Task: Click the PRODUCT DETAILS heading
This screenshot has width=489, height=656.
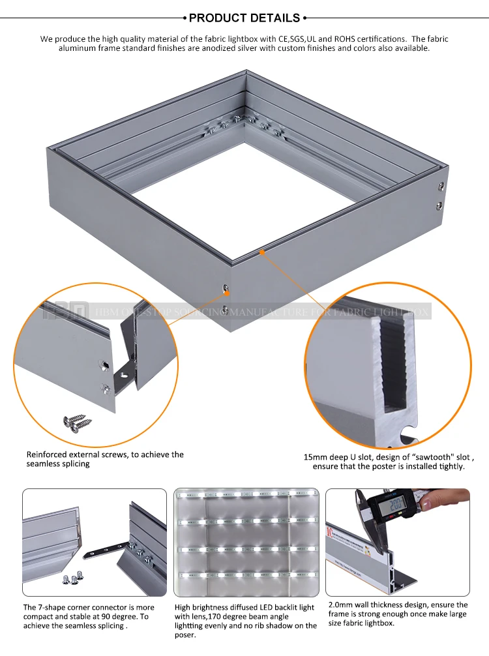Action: tap(244, 18)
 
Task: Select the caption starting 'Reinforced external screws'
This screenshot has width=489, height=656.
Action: tap(105, 459)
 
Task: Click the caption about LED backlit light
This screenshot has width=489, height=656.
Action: tap(245, 620)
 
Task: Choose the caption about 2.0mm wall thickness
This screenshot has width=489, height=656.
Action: tap(396, 614)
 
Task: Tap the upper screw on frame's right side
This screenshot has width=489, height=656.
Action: tap(441, 187)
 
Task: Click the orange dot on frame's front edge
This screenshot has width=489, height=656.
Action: tap(262, 250)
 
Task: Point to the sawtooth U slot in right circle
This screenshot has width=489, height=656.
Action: tap(394, 365)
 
